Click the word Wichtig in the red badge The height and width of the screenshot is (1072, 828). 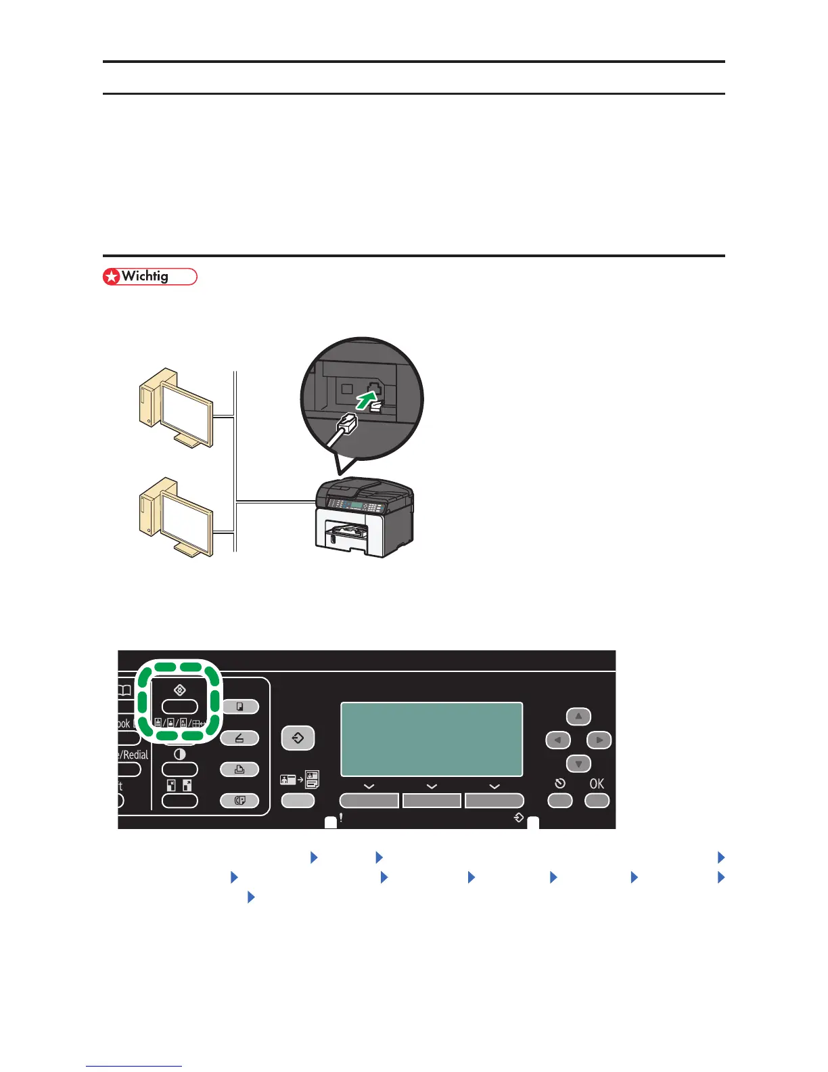tap(145, 276)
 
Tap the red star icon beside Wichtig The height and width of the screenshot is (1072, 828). tap(111, 277)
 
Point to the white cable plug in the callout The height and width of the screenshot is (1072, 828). tap(346, 424)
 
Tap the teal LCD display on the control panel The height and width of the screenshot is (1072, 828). tap(432, 739)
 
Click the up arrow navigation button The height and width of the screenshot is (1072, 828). tap(578, 717)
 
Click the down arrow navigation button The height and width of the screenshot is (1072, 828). tap(578, 764)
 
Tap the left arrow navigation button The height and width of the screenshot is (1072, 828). tap(557, 740)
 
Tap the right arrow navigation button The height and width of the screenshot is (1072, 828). tap(599, 740)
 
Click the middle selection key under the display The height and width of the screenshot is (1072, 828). tap(432, 801)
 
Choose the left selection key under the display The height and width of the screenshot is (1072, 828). tap(369, 801)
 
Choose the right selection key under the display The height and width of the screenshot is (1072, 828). tap(495, 801)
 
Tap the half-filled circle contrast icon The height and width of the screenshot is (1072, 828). tap(180, 754)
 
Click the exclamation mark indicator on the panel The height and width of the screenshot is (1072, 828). tap(341, 818)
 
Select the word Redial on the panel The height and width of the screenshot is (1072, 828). tap(135, 755)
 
